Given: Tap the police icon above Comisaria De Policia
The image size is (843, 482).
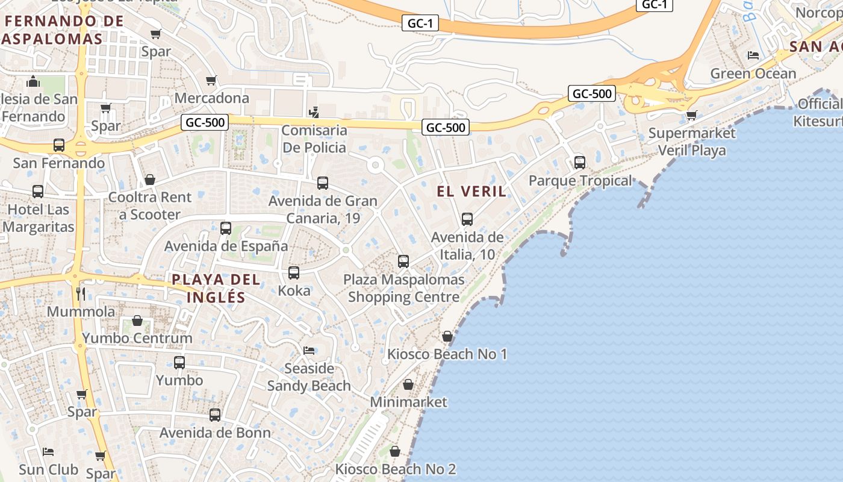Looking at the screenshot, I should (x=313, y=112).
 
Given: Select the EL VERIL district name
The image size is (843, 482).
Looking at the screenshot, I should (x=471, y=192).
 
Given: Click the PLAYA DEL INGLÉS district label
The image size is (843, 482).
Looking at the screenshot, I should (x=216, y=288).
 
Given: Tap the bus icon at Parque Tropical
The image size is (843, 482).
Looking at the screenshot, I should (x=580, y=162).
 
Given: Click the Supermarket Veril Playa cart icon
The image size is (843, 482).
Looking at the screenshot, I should (x=691, y=114).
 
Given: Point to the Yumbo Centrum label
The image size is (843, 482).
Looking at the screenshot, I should (x=137, y=338).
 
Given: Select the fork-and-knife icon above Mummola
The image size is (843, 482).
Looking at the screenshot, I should (x=81, y=293).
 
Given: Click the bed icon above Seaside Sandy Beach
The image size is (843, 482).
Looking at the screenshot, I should (x=309, y=350).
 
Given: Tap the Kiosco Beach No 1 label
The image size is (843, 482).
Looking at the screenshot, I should (x=447, y=354).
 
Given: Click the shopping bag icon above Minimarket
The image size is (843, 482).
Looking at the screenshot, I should (x=408, y=384).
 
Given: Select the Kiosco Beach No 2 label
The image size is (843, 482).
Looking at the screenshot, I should (x=395, y=469).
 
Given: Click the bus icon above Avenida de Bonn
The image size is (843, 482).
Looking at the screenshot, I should (x=215, y=415).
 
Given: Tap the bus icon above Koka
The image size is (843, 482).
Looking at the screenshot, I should (x=294, y=273).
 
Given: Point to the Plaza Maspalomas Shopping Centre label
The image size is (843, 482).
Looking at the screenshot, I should (x=403, y=288).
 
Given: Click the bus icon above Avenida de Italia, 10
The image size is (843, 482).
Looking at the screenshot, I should (x=467, y=219).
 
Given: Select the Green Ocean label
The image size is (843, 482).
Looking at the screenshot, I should (x=753, y=74).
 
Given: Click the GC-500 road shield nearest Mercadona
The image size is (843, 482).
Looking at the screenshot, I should (x=205, y=123).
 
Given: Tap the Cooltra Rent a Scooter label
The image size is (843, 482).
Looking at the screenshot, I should (x=149, y=205).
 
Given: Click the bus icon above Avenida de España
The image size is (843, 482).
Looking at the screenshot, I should (x=226, y=228).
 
